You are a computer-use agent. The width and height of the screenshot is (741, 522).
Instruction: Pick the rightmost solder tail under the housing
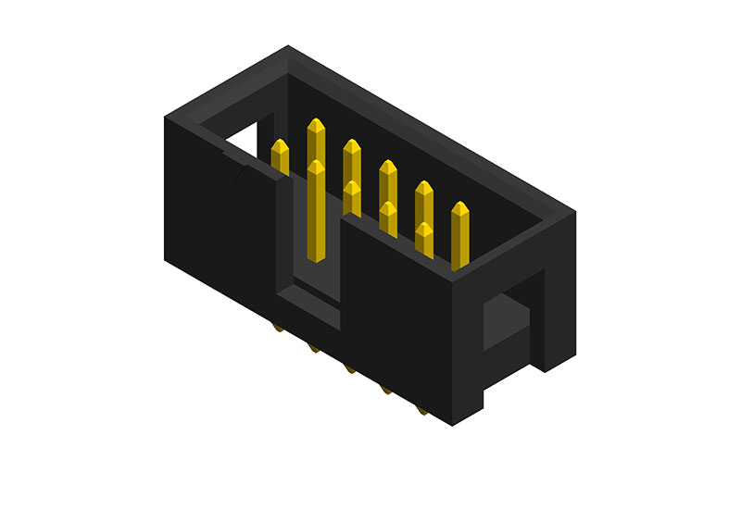coord(421,409)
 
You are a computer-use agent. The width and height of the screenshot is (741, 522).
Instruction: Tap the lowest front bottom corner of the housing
coord(451,425)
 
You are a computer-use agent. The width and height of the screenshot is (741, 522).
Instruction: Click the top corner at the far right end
coord(575,212)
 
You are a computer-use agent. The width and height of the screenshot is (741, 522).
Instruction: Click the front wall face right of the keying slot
coord(398,305)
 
